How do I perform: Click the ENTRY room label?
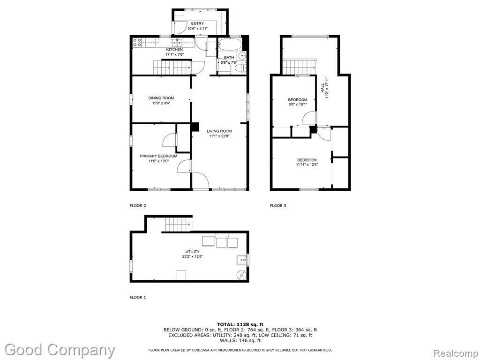[197, 23]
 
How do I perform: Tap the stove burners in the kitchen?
[137, 42]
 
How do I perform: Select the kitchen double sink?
[177, 42]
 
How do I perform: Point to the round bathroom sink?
[242, 56]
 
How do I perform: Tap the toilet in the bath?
[242, 68]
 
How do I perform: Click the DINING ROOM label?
[161, 98]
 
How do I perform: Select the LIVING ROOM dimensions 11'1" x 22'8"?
[219, 136]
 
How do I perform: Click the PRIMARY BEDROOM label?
[158, 156]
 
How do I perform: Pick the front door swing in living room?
[201, 180]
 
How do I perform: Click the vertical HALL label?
[322, 88]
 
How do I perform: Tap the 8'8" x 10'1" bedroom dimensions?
[298, 104]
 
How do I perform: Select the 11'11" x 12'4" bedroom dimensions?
[307, 165]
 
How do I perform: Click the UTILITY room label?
[193, 252]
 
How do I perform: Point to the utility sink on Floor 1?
[242, 260]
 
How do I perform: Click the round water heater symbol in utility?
[242, 275]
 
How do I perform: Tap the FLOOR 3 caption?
[278, 205]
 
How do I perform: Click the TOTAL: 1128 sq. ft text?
[240, 324]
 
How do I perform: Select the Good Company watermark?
[60, 350]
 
